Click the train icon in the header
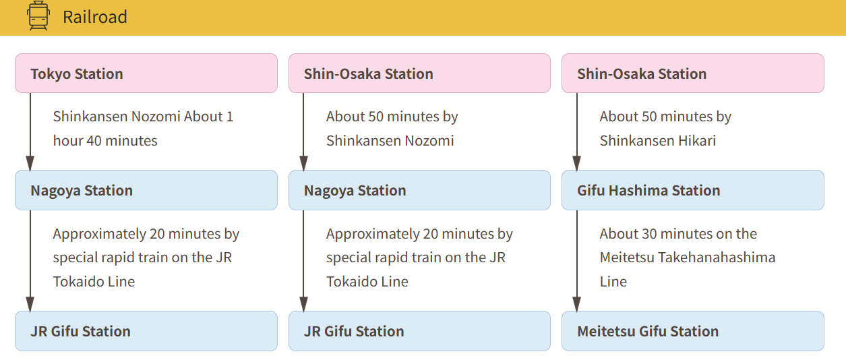coord(38,16)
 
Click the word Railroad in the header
coord(95,17)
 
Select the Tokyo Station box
coord(146,73)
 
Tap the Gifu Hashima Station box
coord(693,190)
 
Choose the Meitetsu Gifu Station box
coord(693,331)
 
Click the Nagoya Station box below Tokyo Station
coord(146,190)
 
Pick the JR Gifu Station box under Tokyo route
coord(146,331)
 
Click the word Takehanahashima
coord(717,258)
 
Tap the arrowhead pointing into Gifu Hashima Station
coord(577,163)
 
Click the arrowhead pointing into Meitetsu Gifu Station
coord(577,304)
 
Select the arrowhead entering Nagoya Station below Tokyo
coord(30,163)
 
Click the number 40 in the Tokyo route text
coord(94,141)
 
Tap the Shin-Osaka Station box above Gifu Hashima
coord(693,73)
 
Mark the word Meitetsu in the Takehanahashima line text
coord(627,258)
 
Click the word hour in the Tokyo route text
coord(67,140)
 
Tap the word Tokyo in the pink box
coord(51,74)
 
